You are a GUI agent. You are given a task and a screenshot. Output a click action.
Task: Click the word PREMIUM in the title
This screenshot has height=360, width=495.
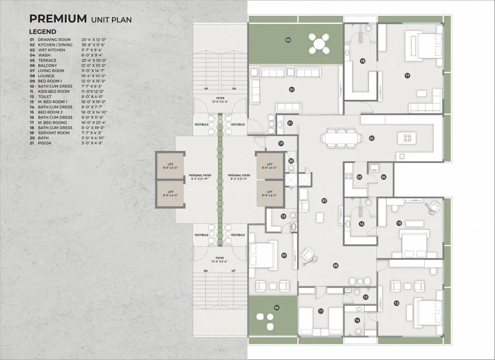pos(58,19)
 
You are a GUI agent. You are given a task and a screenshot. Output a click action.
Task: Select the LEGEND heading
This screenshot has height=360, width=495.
pos(43,31)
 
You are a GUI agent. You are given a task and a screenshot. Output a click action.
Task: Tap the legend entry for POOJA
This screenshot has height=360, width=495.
pos(45,143)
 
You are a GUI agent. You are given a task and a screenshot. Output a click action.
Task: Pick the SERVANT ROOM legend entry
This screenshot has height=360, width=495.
pos(53,133)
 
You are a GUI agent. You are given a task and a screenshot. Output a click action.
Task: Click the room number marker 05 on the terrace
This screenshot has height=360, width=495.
pos(288,40)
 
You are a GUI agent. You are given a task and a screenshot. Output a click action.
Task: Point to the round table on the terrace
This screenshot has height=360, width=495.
pos(319,44)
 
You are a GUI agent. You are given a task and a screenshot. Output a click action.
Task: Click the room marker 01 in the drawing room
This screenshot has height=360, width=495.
pos(292,89)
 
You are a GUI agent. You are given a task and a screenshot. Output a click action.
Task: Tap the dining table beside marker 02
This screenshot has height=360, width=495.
pos(341,138)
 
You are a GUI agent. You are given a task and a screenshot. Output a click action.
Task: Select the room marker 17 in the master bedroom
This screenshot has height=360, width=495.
pos(407,75)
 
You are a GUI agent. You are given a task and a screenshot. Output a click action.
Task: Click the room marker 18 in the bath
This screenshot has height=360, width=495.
pos(362,61)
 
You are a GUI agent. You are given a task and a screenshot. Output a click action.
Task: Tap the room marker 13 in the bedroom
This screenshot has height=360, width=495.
pos(397,303)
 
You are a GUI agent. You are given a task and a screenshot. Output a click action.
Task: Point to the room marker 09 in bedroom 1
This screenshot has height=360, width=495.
pos(284,255)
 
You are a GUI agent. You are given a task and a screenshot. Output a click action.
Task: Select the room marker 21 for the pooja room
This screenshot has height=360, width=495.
pos(290,123)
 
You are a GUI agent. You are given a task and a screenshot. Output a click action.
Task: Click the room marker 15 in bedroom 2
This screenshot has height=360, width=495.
pos(399,223)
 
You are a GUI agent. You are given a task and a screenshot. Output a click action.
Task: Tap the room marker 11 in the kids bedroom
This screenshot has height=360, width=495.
pos(321,311)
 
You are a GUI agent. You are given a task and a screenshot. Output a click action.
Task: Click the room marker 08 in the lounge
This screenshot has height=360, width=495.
pos(336,266)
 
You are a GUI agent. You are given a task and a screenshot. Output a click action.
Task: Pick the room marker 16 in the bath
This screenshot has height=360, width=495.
pos(361,224)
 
